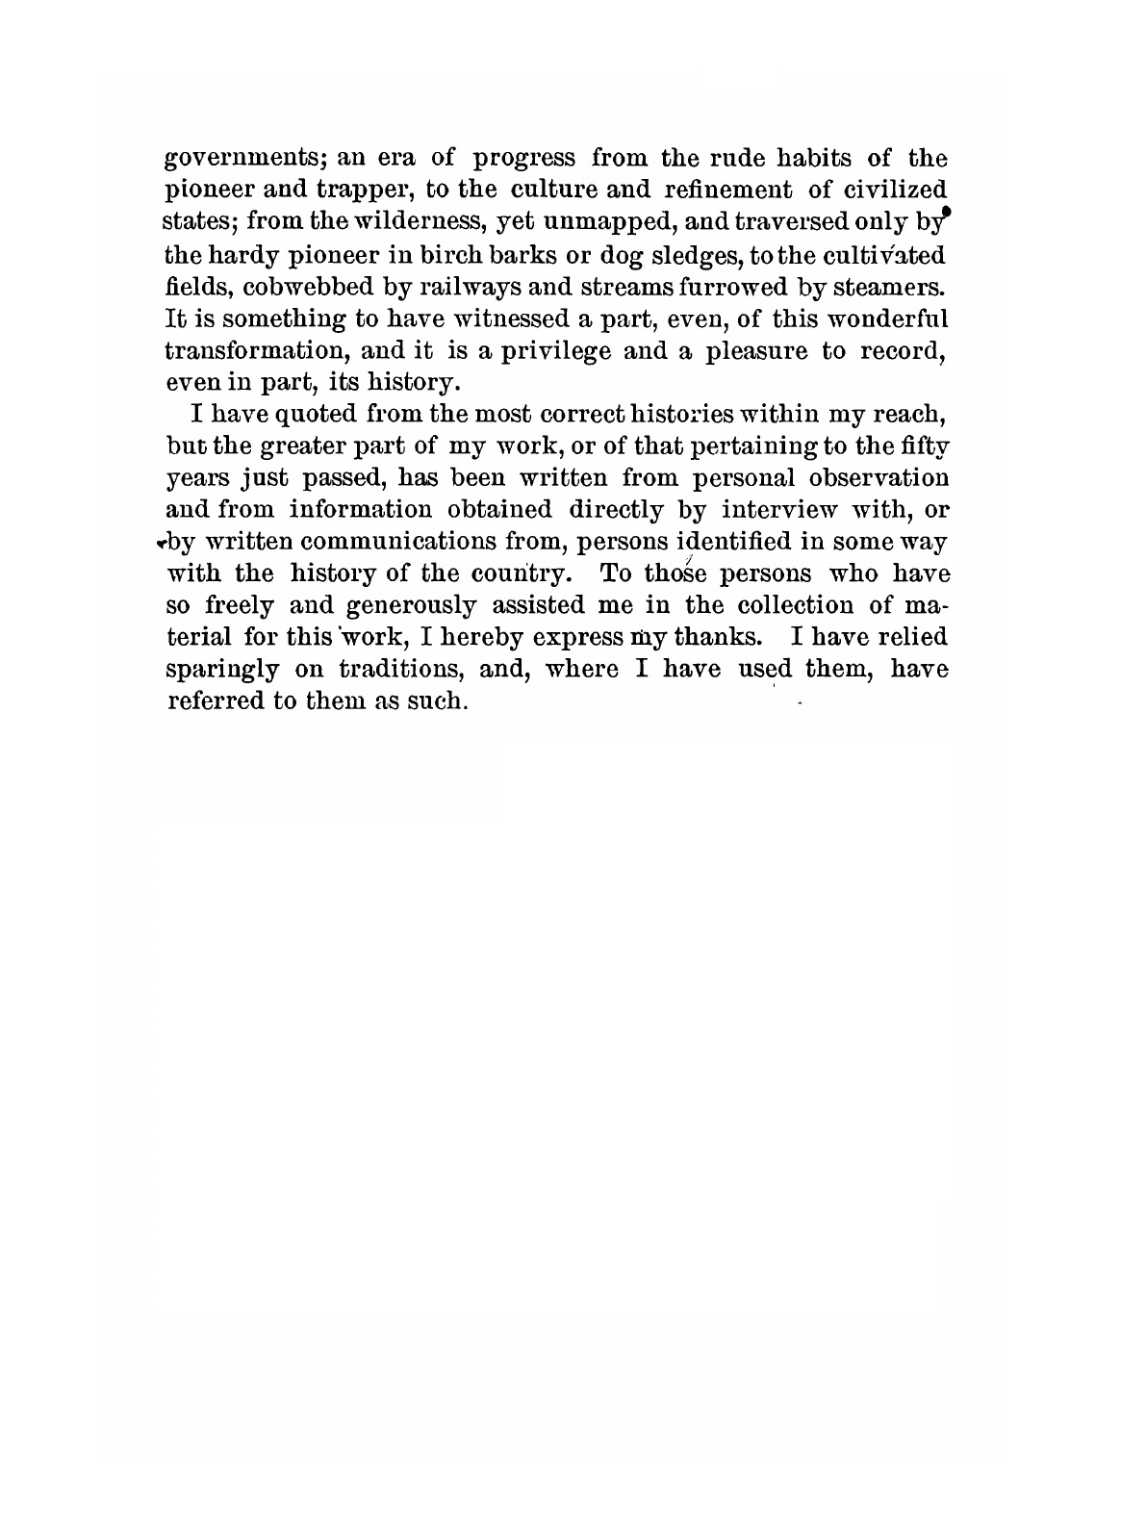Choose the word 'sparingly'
tap(223, 671)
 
